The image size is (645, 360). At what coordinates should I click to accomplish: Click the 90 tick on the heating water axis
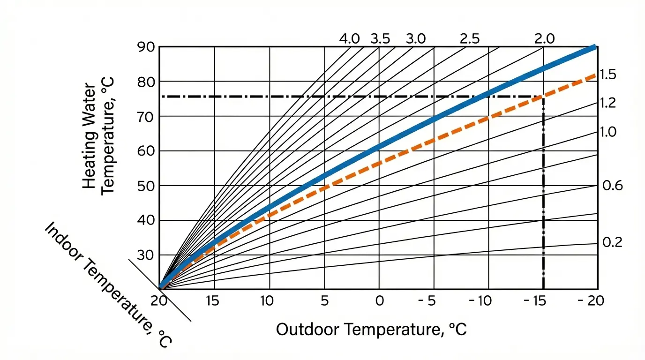(x=146, y=47)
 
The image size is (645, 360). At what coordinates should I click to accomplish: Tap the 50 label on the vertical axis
(x=146, y=186)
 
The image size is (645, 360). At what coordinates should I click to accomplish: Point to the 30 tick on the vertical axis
(x=146, y=255)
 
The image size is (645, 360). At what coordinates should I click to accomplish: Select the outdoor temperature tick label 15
(x=213, y=301)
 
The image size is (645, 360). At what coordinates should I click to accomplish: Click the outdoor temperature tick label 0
(x=379, y=301)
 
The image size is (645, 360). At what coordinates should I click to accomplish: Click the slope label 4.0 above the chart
(x=349, y=39)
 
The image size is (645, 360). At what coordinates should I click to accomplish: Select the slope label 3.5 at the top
(x=380, y=39)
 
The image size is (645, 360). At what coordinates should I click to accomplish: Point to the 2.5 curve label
(x=470, y=39)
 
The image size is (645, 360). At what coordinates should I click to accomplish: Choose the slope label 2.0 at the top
(x=544, y=39)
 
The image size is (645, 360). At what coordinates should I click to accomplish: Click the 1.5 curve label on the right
(x=607, y=75)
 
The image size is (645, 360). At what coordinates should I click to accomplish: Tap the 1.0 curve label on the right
(x=608, y=132)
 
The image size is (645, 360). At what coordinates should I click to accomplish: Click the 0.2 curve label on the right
(x=612, y=243)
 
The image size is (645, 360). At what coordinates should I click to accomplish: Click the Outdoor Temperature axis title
(x=371, y=330)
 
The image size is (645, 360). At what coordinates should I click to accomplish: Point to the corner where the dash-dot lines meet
(x=543, y=97)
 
